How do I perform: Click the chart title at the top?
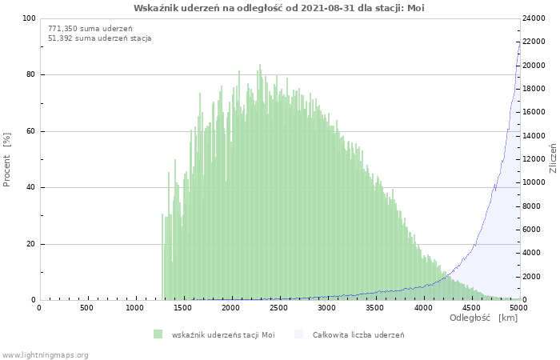[279, 7]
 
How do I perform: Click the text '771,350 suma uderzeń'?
[90, 28]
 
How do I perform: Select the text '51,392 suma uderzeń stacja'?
[99, 38]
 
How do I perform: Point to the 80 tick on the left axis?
[30, 75]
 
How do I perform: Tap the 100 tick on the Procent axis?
[29, 18]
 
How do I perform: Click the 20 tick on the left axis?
[30, 244]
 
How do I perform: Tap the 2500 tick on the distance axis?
[278, 308]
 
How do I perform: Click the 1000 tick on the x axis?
[134, 308]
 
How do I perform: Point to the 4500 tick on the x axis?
[470, 308]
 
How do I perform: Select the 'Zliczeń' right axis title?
[553, 159]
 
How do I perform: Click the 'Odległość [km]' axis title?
[483, 318]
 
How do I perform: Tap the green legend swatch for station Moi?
[158, 334]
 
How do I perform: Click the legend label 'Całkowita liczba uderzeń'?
[358, 334]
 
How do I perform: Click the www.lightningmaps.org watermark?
[45, 355]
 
